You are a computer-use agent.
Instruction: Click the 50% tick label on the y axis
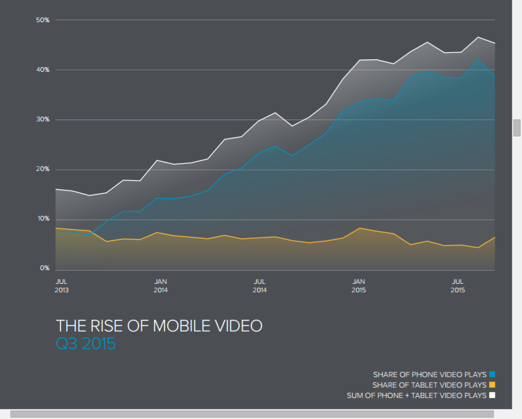(43, 20)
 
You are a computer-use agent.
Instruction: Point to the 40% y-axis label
(43, 70)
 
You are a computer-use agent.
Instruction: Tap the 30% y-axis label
(43, 119)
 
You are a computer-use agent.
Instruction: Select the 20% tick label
(43, 169)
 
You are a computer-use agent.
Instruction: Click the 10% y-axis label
(43, 219)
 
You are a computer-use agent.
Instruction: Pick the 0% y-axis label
(44, 268)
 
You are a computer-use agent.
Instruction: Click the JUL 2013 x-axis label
(61, 285)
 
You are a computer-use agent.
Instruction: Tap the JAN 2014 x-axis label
(161, 285)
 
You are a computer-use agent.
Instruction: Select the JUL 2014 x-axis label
(259, 285)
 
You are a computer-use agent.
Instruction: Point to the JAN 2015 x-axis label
(359, 285)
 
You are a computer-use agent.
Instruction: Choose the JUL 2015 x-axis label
(458, 285)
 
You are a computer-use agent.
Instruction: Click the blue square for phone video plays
(493, 375)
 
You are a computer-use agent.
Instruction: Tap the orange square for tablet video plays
(493, 385)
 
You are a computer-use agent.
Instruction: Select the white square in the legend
(493, 396)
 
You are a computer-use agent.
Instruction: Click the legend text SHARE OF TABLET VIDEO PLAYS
(429, 385)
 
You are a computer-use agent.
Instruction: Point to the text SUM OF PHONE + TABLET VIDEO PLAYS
(416, 396)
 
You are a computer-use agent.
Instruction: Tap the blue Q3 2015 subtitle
(86, 343)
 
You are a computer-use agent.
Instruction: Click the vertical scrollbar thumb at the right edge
(517, 127)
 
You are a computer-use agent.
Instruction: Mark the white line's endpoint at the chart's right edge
(495, 43)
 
